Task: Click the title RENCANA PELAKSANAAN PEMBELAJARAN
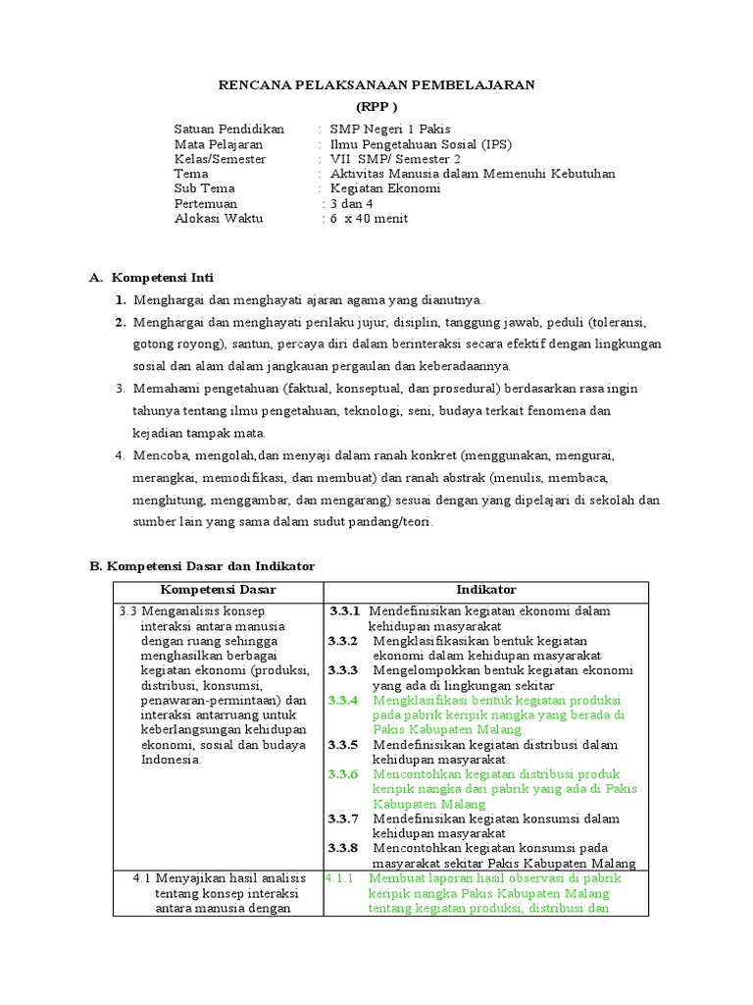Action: pos(376,85)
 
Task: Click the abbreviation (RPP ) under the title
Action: pos(376,107)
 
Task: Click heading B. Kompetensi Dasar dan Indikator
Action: pos(202,566)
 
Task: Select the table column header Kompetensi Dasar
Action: pos(218,590)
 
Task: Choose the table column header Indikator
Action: pos(485,590)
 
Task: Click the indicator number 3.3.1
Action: pos(344,610)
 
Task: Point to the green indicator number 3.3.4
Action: pos(343,701)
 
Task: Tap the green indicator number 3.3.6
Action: pos(343,774)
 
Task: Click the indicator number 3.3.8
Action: pos(343,848)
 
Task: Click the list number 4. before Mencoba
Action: pos(120,455)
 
